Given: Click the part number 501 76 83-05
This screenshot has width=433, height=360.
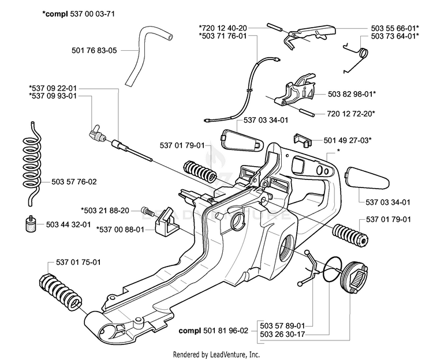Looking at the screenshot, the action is [94, 51].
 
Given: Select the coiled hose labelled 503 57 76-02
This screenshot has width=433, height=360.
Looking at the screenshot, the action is [31, 163].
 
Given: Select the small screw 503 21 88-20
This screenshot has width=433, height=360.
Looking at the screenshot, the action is [147, 212].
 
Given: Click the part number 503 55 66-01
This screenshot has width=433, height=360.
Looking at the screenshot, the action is [395, 28].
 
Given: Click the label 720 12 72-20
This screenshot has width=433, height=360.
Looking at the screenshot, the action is [351, 114].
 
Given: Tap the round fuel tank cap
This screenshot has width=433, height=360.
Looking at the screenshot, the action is [355, 278].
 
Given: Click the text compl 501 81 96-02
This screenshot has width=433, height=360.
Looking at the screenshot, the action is [214, 331].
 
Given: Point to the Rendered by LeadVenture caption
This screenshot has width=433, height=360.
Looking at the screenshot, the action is [216, 354].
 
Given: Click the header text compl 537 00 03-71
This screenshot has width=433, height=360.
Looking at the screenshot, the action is [79, 14].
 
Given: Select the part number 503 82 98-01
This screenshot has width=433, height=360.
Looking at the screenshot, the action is [352, 94].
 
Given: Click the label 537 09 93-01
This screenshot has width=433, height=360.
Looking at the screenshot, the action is [53, 96].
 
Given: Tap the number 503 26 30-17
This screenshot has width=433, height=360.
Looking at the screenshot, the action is [282, 335].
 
